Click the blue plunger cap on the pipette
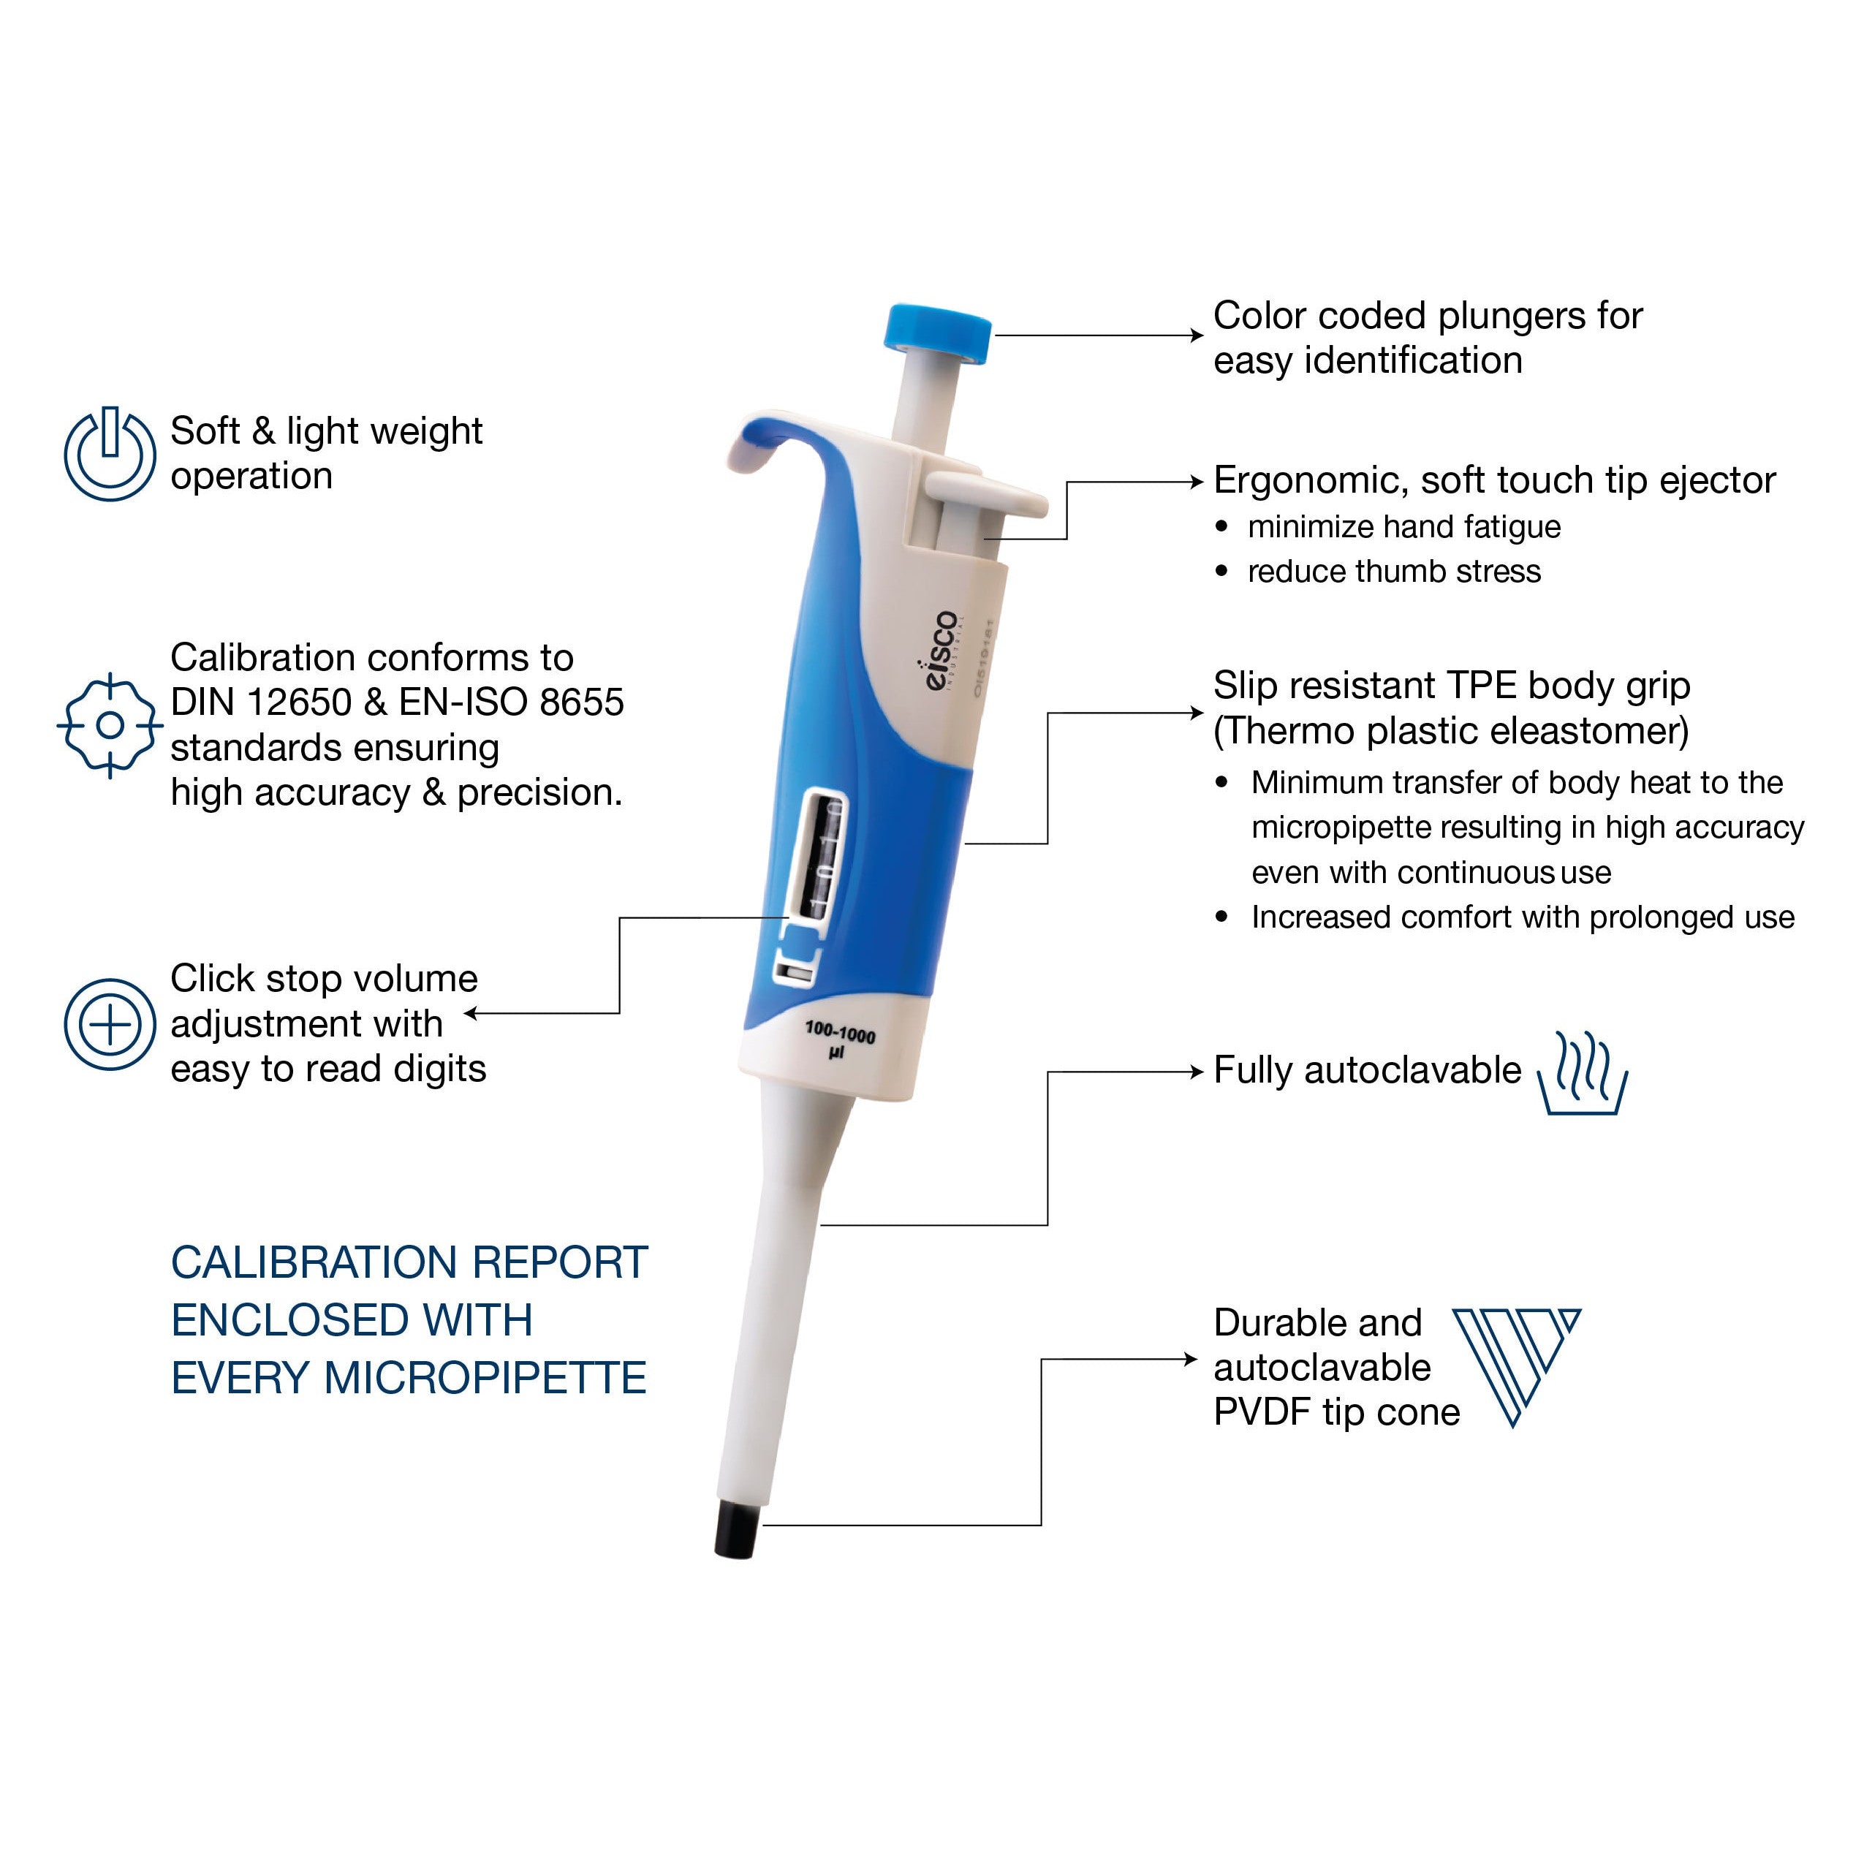tap(938, 335)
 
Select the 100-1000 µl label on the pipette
tap(838, 1042)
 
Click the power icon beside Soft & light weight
tap(110, 453)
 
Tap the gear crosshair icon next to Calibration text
tap(110, 724)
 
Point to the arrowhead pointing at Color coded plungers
tap(1198, 335)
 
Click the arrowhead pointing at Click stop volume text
tap(471, 1013)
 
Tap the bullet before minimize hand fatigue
tap(1222, 527)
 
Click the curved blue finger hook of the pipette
tap(772, 439)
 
